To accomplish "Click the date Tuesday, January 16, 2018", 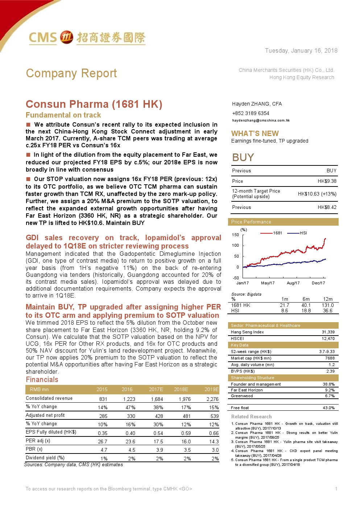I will tap(301, 51).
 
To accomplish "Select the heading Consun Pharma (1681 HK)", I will tap(94, 104).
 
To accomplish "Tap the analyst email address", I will tap(261, 120).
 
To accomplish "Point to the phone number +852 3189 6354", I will tap(251, 113).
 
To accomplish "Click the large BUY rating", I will tap(243, 157).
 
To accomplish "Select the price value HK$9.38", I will tap(327, 181).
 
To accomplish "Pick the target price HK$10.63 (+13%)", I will tap(317, 194).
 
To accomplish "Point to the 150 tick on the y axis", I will tap(235, 235).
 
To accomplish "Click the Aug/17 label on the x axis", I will tap(293, 283).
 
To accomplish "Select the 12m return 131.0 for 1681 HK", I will tap(328, 305).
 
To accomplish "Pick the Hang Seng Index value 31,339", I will tap(328, 332).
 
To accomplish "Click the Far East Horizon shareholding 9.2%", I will tap(330, 390).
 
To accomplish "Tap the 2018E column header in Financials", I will tap(181, 389).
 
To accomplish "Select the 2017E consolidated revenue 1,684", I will tap(157, 399).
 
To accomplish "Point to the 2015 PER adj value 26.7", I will tap(103, 442).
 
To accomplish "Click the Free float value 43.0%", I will tap(328, 408).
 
